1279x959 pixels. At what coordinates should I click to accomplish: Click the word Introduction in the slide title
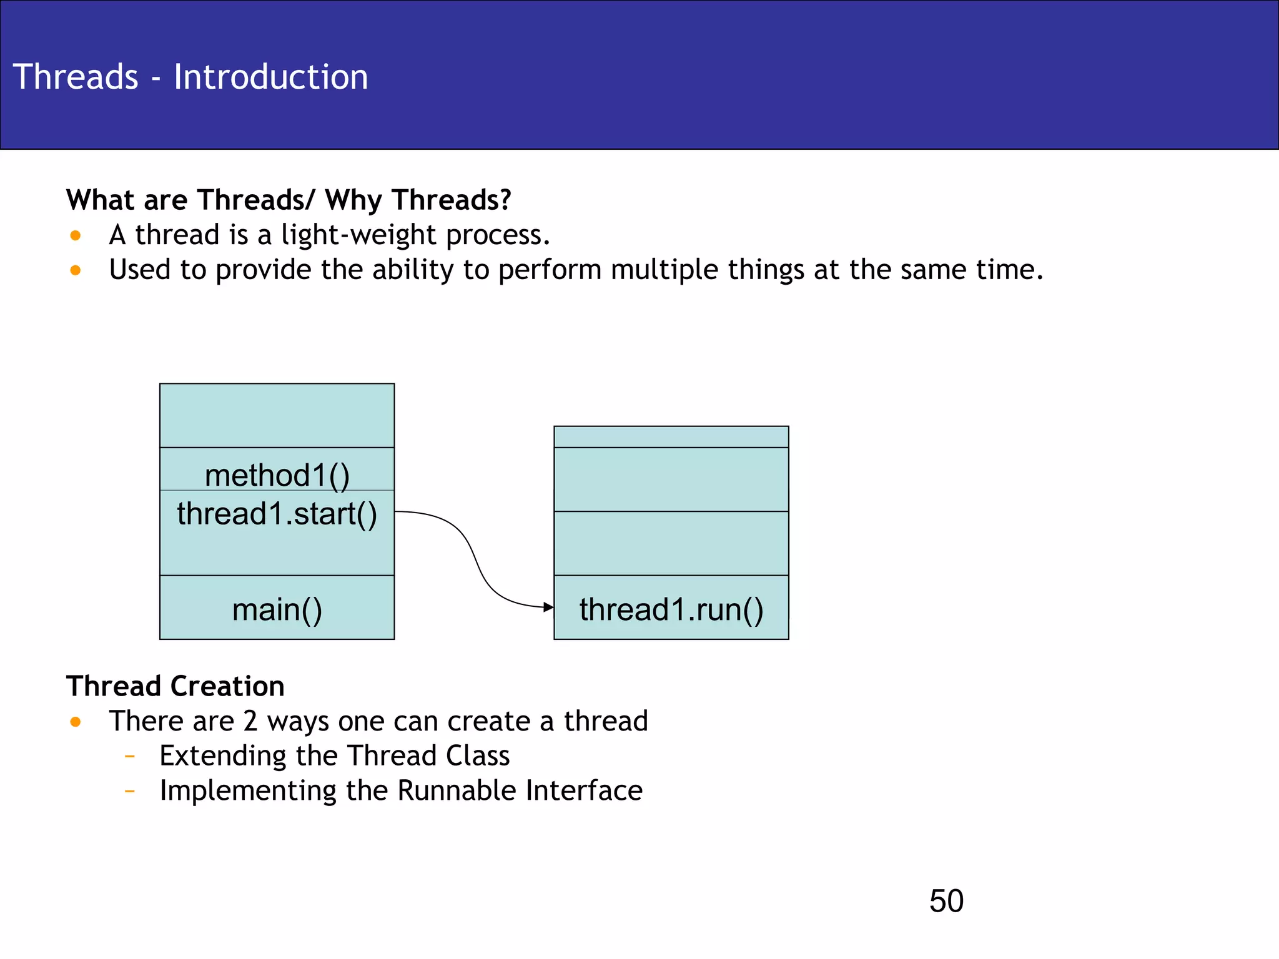click(270, 77)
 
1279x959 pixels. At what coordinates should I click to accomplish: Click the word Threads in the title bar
click(76, 77)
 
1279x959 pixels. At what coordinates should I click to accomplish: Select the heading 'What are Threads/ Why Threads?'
click(289, 200)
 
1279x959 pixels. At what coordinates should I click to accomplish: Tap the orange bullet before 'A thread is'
click(76, 236)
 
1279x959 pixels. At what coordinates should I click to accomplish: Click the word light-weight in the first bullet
click(358, 235)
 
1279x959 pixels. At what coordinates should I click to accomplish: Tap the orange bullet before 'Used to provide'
click(76, 270)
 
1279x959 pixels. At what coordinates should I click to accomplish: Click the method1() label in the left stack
click(277, 475)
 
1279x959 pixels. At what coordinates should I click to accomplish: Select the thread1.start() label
click(277, 514)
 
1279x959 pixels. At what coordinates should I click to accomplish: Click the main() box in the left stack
click(277, 609)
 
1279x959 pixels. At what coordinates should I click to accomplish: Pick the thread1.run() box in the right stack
click(671, 609)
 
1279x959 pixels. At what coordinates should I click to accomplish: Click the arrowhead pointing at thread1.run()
click(548, 607)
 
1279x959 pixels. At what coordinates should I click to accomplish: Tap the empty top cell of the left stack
click(277, 415)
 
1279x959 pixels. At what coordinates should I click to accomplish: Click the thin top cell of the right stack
click(671, 437)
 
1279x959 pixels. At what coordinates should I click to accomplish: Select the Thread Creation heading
click(175, 686)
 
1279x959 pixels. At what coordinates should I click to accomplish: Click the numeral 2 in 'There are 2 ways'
click(250, 721)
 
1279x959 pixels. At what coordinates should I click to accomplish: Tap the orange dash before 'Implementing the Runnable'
click(130, 792)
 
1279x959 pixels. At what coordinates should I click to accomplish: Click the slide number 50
click(946, 901)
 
